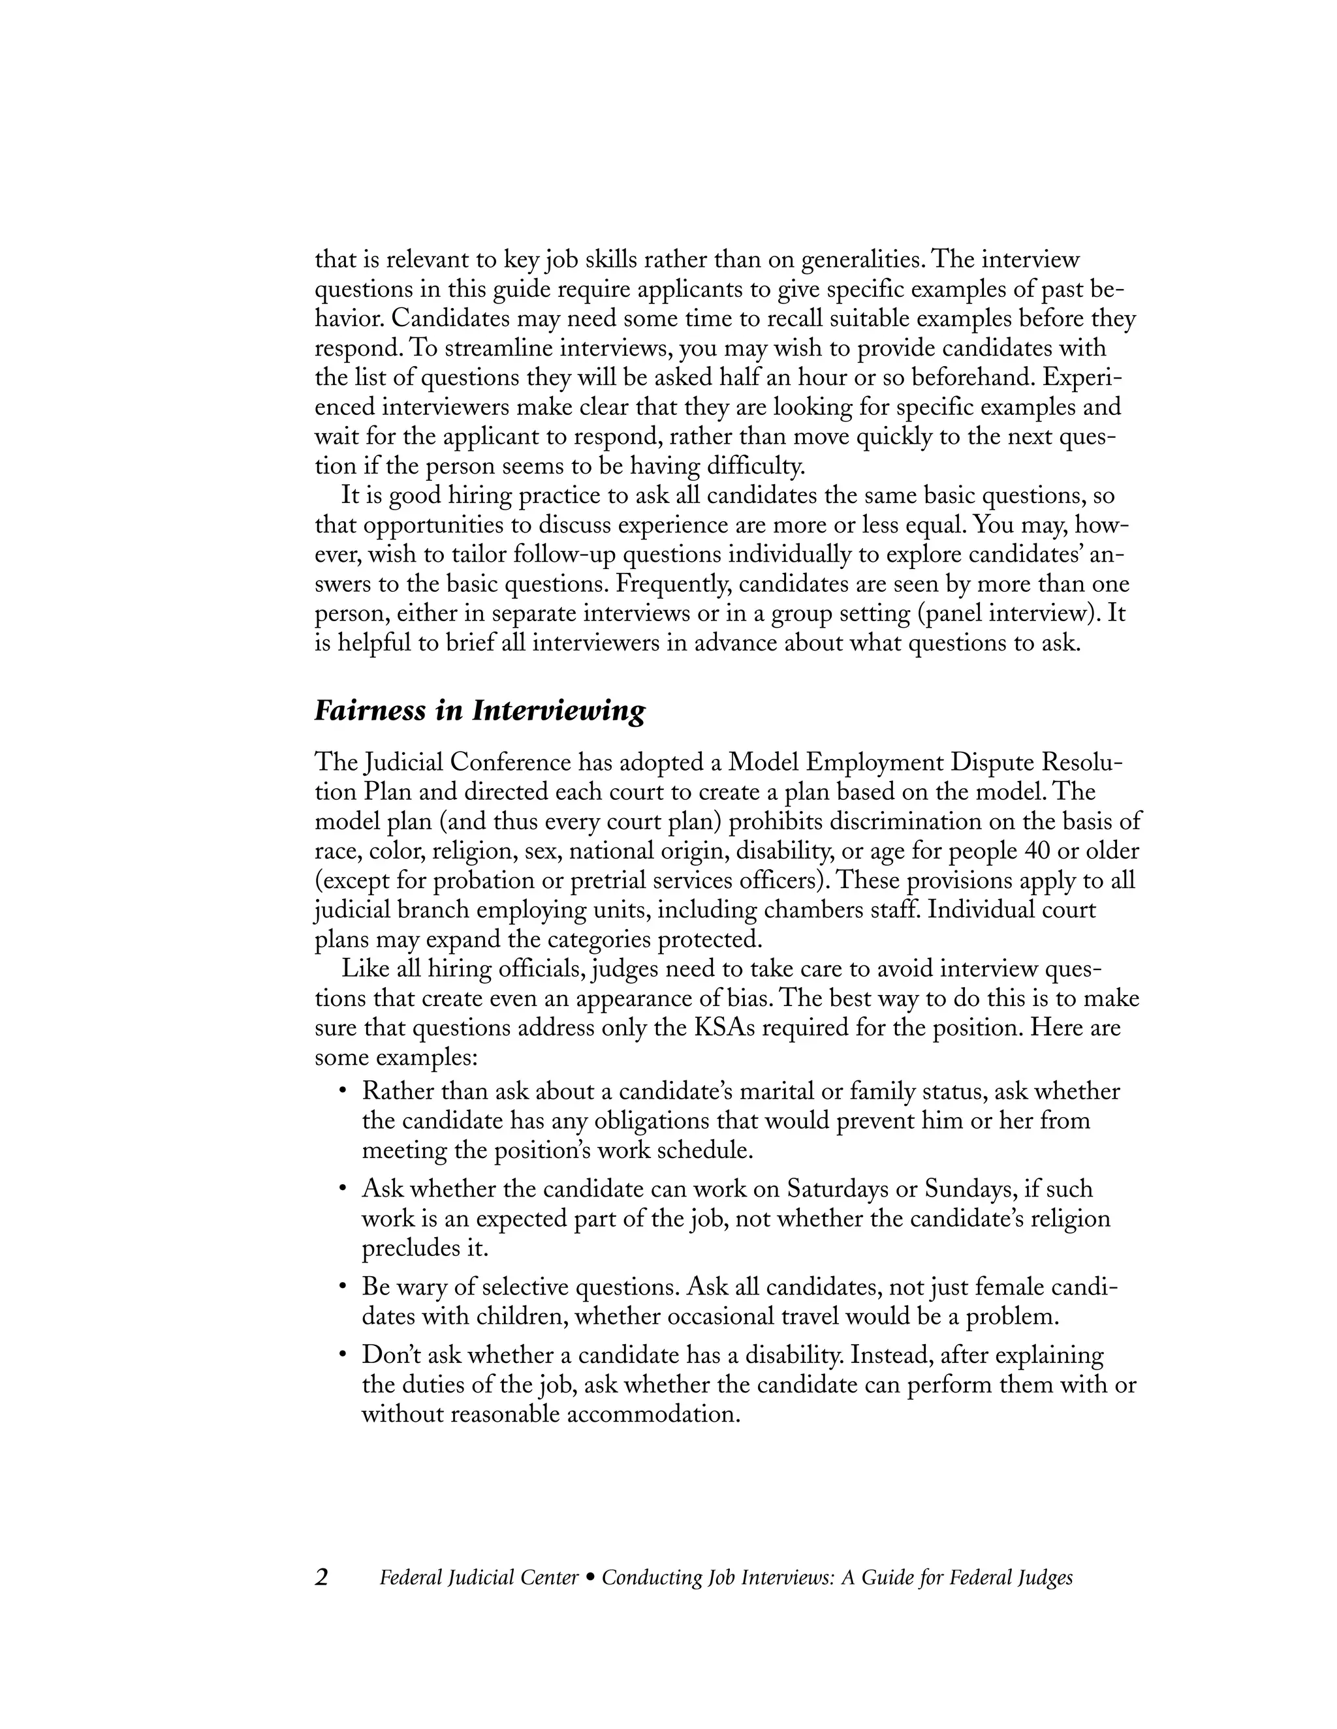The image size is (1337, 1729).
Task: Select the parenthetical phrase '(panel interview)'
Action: point(1005,613)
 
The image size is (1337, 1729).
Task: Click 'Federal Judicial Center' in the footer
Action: point(479,1578)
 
